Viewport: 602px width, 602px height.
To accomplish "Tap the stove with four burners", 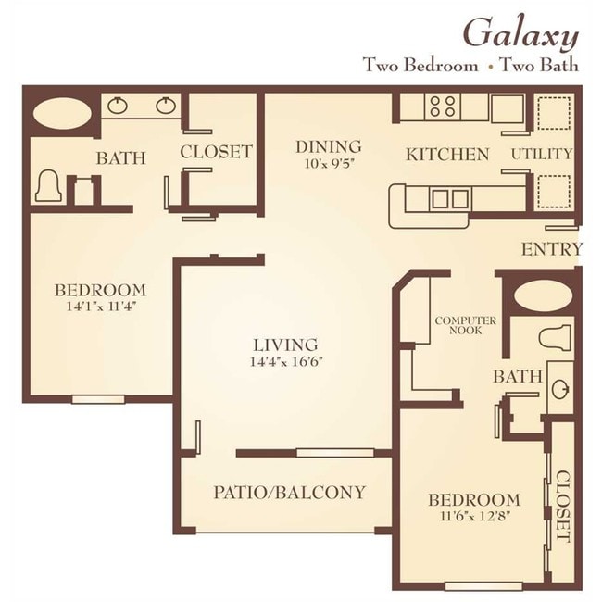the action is (x=443, y=107).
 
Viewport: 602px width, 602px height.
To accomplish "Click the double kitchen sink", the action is (x=450, y=199).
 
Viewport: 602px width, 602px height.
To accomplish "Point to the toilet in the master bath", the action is (x=49, y=186).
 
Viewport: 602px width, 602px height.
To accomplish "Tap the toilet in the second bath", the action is (x=555, y=338).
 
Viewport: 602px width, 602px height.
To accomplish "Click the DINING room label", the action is (x=329, y=147).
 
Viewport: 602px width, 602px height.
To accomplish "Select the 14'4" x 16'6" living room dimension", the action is (x=285, y=362).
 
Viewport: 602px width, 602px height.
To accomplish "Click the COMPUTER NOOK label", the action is (x=465, y=325).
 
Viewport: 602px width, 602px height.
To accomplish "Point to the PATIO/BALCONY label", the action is (x=289, y=492).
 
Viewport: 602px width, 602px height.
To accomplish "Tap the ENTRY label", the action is (x=552, y=249).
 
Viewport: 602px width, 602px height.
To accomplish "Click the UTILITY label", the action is (x=542, y=154).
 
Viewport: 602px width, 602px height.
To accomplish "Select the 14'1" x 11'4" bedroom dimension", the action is (x=102, y=307).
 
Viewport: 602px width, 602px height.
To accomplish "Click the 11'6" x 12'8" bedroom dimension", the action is (x=475, y=516).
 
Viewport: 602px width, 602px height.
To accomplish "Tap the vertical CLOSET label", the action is (x=563, y=507).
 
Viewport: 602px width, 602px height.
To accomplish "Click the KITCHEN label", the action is (x=447, y=155).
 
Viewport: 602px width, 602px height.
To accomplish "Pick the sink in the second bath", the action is (x=560, y=389).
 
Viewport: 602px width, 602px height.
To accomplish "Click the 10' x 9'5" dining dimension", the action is (x=329, y=164).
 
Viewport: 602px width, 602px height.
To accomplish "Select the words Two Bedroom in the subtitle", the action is (x=420, y=65).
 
